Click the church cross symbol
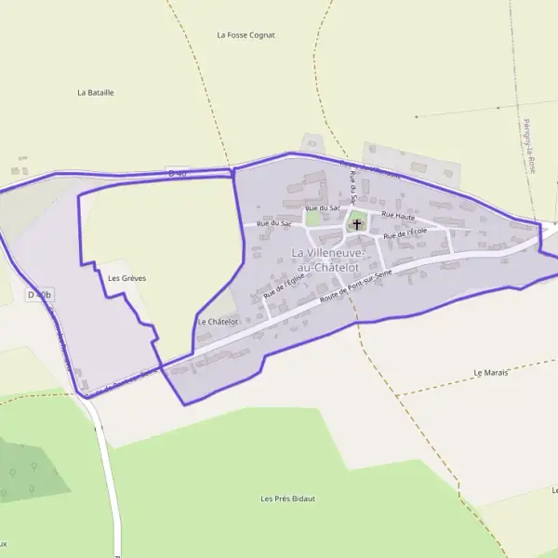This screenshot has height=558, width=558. tap(357, 224)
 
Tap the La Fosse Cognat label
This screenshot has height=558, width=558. tap(246, 35)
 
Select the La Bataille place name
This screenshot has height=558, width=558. tap(96, 93)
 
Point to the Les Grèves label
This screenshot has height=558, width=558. tap(127, 278)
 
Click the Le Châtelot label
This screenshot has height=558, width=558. tap(219, 322)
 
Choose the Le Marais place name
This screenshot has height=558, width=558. tap(491, 372)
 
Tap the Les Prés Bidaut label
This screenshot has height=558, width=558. tap(287, 498)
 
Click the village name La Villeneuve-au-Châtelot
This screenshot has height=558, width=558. tap(326, 259)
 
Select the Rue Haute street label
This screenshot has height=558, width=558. tap(397, 216)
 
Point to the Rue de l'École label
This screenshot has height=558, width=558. tap(405, 233)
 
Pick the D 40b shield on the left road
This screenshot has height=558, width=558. tap(40, 295)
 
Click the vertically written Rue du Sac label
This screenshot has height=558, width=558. tap(352, 189)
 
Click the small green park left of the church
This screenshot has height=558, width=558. tap(313, 220)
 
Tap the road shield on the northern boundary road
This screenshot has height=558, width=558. tap(178, 172)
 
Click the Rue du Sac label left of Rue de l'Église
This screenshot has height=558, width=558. tap(274, 223)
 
